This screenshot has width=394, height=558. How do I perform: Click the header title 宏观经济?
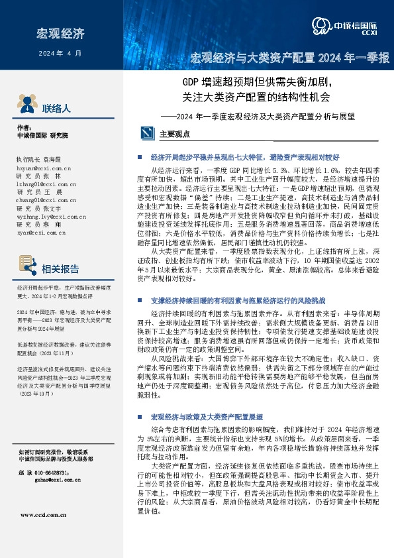tap(61, 33)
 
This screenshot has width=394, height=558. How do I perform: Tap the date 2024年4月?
tap(61, 52)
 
